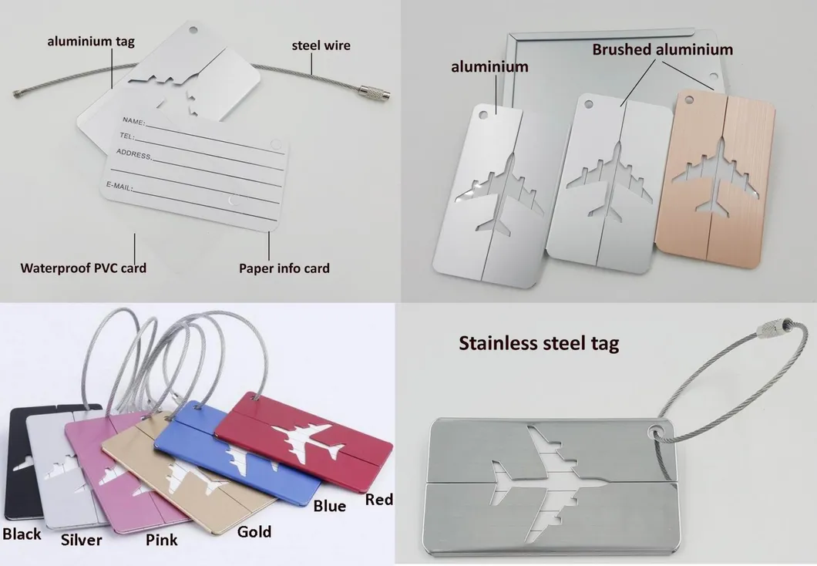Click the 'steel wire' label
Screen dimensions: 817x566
coord(321,45)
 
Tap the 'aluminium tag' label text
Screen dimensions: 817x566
coord(91,41)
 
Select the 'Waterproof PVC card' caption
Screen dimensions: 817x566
coord(83,268)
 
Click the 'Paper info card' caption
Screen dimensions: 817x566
coord(284,268)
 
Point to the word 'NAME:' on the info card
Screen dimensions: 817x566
coord(134,121)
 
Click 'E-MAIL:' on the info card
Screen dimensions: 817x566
coord(119,186)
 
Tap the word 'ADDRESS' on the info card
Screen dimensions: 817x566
coord(134,153)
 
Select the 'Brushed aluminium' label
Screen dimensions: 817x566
coord(663,49)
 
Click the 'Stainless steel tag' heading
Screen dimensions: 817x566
coord(539,343)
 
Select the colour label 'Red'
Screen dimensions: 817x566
coord(378,499)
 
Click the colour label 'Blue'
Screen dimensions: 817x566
coord(329,506)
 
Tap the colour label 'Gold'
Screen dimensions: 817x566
coord(254,531)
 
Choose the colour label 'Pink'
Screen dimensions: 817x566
coord(162,540)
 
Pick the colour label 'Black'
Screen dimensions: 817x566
coord(22,534)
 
